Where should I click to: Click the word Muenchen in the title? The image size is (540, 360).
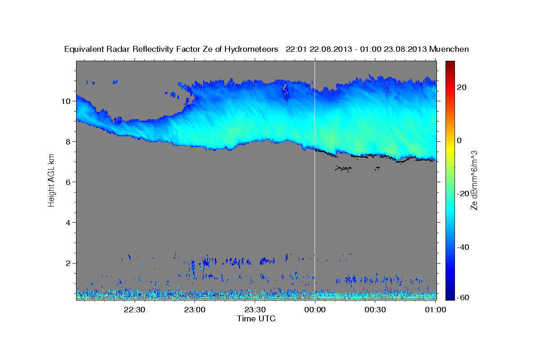pyautogui.click(x=449, y=49)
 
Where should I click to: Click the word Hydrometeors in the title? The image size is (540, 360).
pyautogui.click(x=252, y=49)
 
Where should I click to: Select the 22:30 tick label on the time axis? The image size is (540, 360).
pyautogui.click(x=135, y=310)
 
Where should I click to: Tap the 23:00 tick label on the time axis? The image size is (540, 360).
pyautogui.click(x=195, y=310)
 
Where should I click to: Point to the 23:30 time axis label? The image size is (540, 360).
pyautogui.click(x=255, y=310)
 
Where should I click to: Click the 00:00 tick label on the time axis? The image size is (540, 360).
pyautogui.click(x=315, y=310)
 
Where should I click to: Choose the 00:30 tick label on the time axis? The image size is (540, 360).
pyautogui.click(x=375, y=310)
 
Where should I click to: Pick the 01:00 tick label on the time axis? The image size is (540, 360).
pyautogui.click(x=435, y=310)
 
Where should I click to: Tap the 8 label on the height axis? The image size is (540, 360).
pyautogui.click(x=68, y=141)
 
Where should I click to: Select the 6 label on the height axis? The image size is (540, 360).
pyautogui.click(x=68, y=182)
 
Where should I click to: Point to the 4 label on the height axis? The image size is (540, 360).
pyautogui.click(x=68, y=222)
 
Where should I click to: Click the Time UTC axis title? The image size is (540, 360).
pyautogui.click(x=256, y=319)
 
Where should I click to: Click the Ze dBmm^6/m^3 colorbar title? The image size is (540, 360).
pyautogui.click(x=474, y=180)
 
